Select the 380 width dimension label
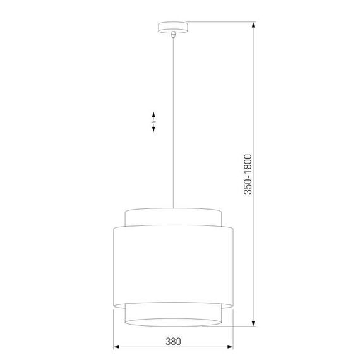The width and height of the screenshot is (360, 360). point(173,342)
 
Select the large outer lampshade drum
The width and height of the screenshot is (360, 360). point(172,265)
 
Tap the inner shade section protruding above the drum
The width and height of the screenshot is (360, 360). point(172,216)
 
